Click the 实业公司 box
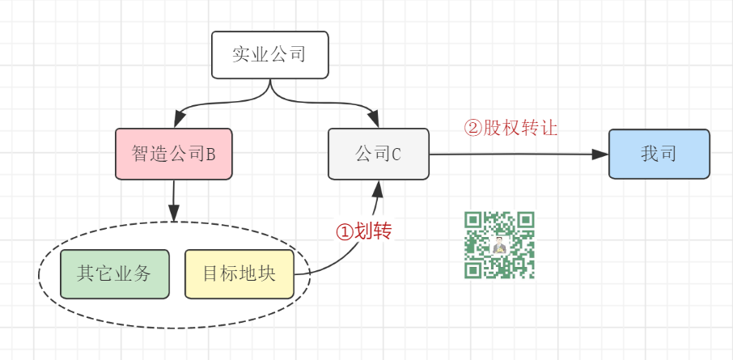click(269, 55)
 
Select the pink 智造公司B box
click(173, 154)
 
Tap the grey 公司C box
click(378, 154)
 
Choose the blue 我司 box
click(659, 154)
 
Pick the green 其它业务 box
click(114, 274)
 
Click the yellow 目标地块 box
click(239, 274)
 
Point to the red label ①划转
click(364, 231)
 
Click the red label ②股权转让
click(511, 128)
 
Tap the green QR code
click(499, 244)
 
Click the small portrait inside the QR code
click(499, 245)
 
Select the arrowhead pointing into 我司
click(600, 154)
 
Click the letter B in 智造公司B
click(210, 154)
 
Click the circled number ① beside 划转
click(345, 231)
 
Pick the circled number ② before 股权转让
click(472, 128)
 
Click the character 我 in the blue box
click(650, 154)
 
